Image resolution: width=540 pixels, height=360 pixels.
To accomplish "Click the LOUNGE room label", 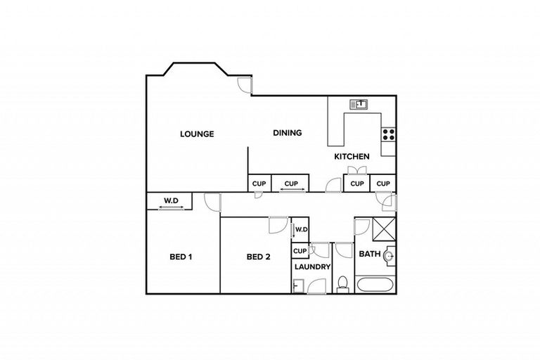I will (x=196, y=134).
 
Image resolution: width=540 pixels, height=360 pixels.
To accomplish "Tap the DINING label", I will (x=287, y=132).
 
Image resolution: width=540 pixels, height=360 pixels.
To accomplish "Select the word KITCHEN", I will (x=351, y=156).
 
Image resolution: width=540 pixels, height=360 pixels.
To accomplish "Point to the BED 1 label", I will (x=181, y=257).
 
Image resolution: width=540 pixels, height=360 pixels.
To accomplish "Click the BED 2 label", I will (x=258, y=257).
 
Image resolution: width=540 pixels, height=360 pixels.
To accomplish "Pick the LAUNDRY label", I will (x=312, y=267).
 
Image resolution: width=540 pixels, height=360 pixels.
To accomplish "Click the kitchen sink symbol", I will (x=359, y=104).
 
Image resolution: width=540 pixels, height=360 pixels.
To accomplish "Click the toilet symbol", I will (x=343, y=283).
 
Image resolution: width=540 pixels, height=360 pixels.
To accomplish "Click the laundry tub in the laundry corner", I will (x=298, y=285).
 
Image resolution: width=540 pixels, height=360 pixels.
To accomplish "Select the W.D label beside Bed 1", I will (x=172, y=201).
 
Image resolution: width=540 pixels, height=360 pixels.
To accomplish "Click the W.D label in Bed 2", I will (x=302, y=229).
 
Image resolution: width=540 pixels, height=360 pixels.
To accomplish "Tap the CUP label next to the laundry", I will (x=300, y=251).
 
